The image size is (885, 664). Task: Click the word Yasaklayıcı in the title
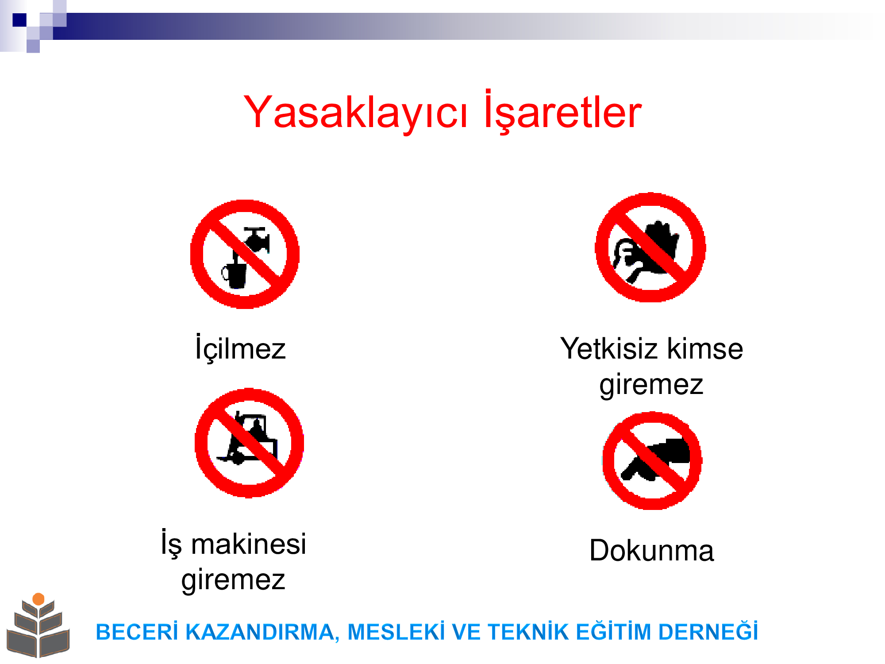pos(355,113)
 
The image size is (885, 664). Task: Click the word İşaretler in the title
pos(563,111)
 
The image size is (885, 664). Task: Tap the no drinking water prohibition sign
pos(245,254)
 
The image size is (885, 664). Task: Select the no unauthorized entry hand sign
pos(650,247)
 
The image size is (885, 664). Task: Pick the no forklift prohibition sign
pos(249,443)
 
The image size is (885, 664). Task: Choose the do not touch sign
pos(652,461)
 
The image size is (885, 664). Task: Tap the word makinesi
pos(248,544)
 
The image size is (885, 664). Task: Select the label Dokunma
pos(651,550)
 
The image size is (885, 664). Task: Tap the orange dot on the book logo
pos(38,599)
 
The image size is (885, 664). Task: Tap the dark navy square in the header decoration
pos(19,20)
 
